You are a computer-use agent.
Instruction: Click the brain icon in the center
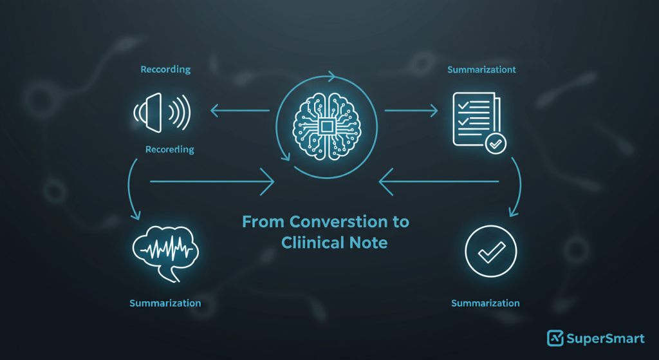(326, 126)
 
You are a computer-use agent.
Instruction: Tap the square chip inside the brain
(326, 126)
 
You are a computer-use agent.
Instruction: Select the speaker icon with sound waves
(162, 112)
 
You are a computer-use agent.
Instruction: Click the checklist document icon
(479, 122)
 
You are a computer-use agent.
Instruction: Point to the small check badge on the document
(496, 144)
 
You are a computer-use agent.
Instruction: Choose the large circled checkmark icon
(491, 251)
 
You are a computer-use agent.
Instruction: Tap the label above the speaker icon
(165, 70)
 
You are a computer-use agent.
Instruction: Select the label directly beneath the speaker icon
(170, 149)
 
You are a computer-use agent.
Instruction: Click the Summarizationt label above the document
(481, 70)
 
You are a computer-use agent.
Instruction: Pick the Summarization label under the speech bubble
(165, 303)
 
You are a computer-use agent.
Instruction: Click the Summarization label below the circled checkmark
(485, 303)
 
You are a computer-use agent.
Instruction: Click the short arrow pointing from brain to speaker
(239, 111)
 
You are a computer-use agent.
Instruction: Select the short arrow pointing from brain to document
(411, 111)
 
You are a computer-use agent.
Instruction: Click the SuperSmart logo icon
(555, 338)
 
